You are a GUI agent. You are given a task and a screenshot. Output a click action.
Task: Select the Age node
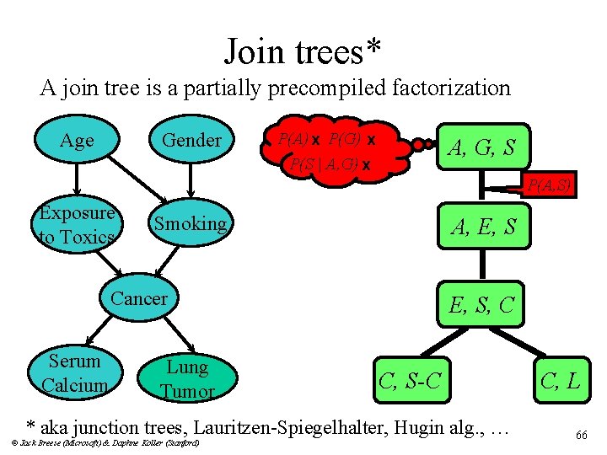point(77,141)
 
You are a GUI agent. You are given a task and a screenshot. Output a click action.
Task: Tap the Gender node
point(191,141)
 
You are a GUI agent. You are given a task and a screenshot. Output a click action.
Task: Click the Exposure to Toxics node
point(76,225)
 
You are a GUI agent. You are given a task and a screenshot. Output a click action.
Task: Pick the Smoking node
point(190,223)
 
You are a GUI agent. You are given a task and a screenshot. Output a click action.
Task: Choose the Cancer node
point(139,298)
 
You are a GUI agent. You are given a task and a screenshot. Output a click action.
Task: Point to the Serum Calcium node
point(74,373)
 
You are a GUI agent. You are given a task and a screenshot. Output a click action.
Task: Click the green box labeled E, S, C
point(481,304)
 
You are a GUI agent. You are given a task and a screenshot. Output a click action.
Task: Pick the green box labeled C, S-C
point(410,380)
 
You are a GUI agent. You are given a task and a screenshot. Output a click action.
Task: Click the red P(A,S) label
point(551,185)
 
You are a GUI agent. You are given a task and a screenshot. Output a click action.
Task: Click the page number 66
point(581,435)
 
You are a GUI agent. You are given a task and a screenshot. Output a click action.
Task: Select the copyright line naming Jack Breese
point(105,442)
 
